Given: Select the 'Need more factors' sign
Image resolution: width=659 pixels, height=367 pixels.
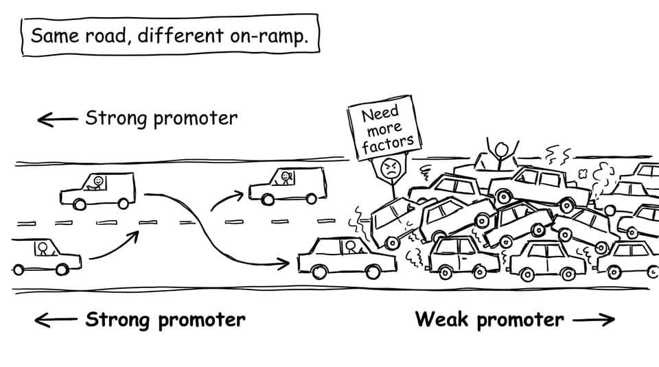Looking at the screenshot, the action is pyautogui.click(x=384, y=128).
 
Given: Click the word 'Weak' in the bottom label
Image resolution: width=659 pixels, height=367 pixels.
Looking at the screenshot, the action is pyautogui.click(x=441, y=319).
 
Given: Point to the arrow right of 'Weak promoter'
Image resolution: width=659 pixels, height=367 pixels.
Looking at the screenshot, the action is pyautogui.click(x=593, y=320).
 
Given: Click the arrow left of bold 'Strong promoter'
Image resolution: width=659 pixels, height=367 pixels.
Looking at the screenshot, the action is pyautogui.click(x=56, y=320).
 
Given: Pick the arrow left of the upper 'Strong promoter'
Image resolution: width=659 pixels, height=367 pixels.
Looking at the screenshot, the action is pyautogui.click(x=58, y=119).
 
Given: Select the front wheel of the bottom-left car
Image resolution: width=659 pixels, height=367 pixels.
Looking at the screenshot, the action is pyautogui.click(x=62, y=269).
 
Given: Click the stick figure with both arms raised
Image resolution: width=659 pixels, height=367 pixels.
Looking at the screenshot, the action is pyautogui.click(x=501, y=153).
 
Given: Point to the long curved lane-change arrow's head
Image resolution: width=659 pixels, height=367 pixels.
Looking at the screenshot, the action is pyautogui.click(x=284, y=263).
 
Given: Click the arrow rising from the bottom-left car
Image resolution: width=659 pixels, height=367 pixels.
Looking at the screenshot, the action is pyautogui.click(x=114, y=246).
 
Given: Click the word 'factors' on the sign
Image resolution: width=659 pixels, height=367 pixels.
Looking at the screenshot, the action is pyautogui.click(x=387, y=144).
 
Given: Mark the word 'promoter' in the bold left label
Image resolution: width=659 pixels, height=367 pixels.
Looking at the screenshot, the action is pyautogui.click(x=202, y=320).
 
